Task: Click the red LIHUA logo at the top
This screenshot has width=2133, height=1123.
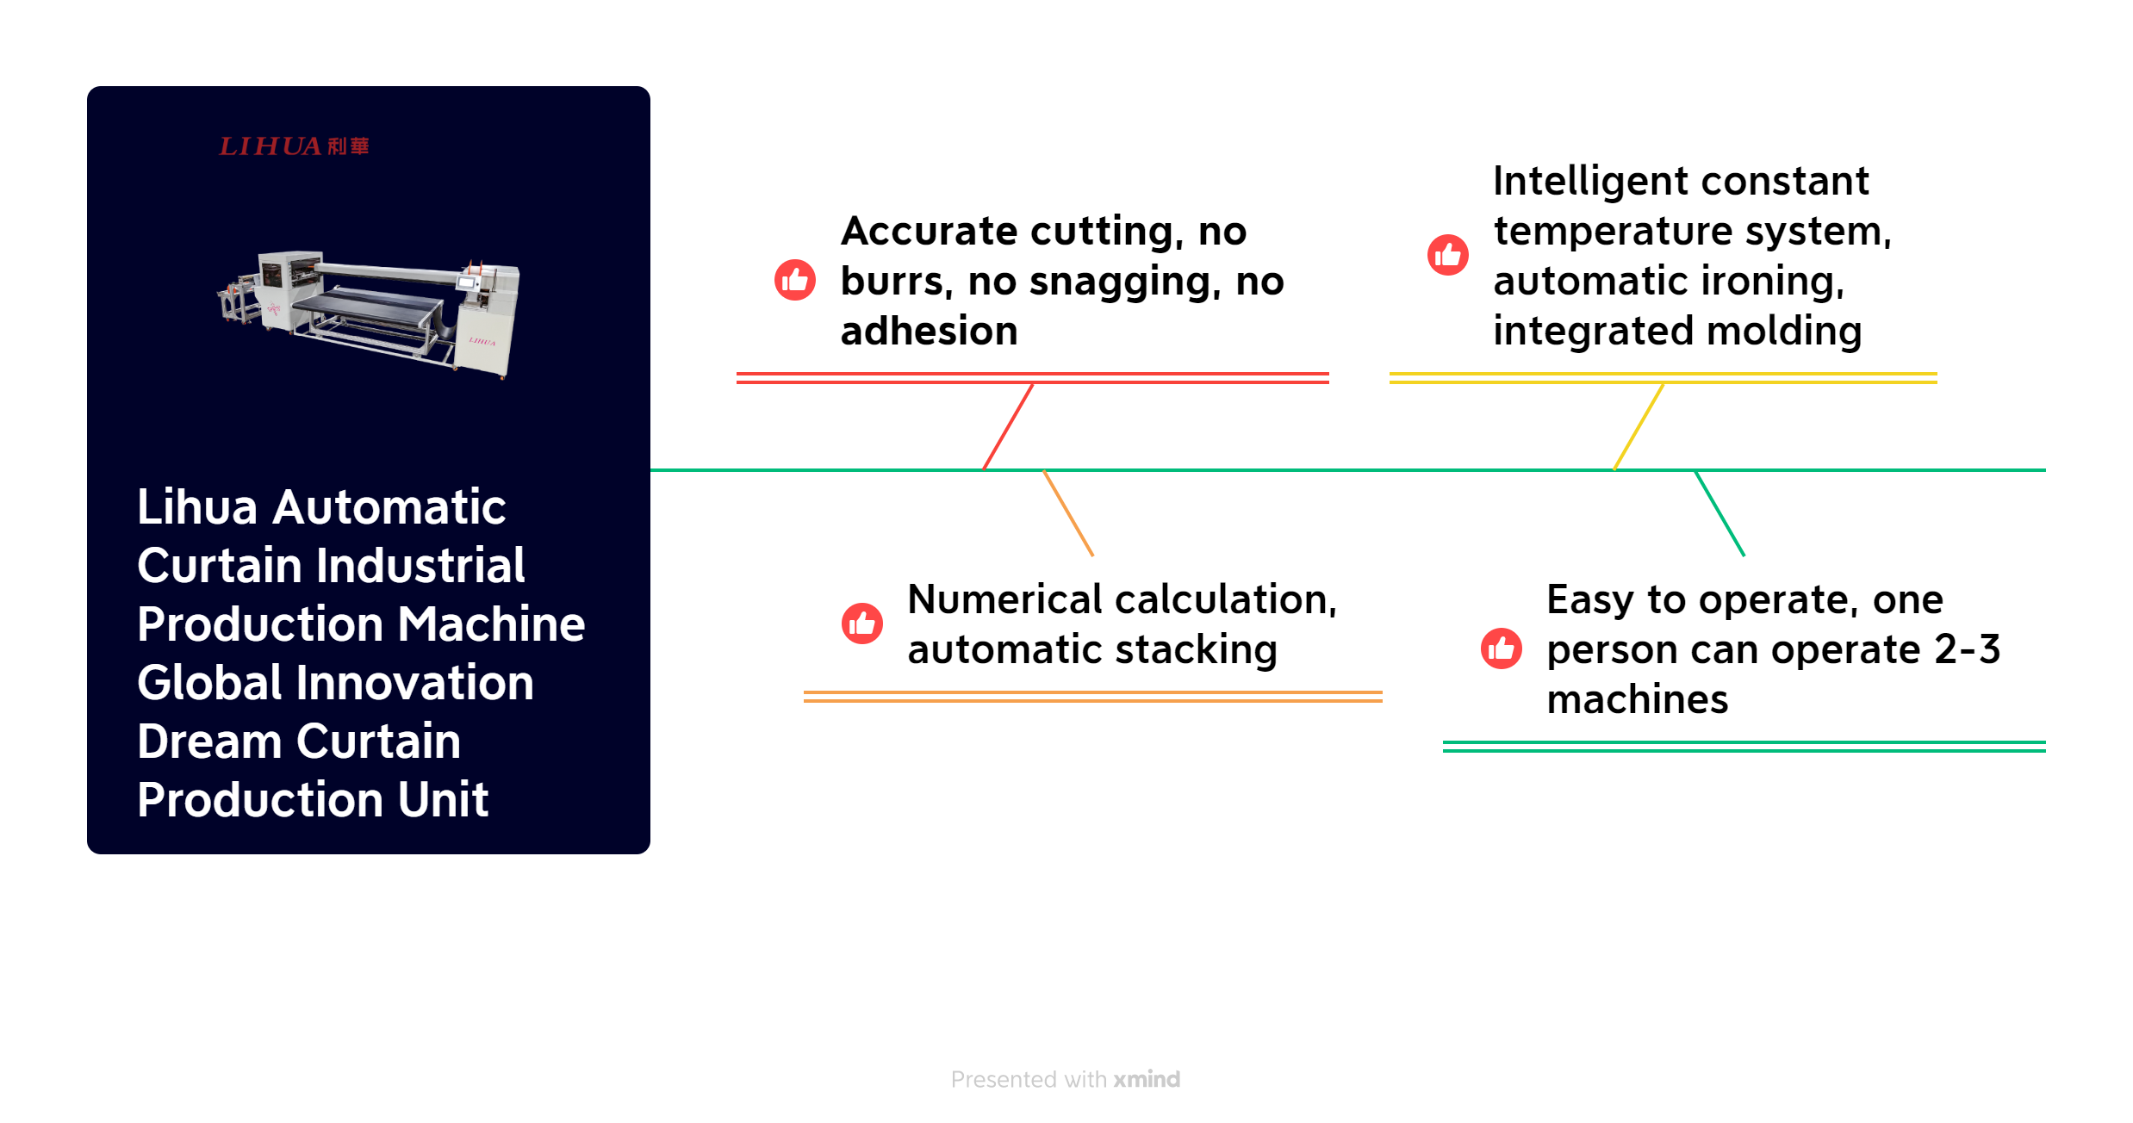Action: click(294, 146)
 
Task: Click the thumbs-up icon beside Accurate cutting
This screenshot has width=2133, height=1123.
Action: click(794, 280)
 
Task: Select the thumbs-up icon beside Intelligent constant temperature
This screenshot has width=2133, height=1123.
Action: click(1448, 255)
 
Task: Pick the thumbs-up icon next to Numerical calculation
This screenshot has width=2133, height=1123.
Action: click(861, 624)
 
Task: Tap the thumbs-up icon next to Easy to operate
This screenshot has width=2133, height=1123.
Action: click(1501, 648)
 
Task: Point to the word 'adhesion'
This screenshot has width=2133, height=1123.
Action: click(929, 332)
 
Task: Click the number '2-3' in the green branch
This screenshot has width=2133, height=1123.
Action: click(1968, 649)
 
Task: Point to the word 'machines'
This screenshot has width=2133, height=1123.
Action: click(1637, 699)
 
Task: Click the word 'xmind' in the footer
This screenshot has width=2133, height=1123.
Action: click(1147, 1079)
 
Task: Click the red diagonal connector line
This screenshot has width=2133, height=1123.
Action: click(1008, 426)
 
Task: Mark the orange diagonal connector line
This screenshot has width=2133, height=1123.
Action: click(1068, 513)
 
